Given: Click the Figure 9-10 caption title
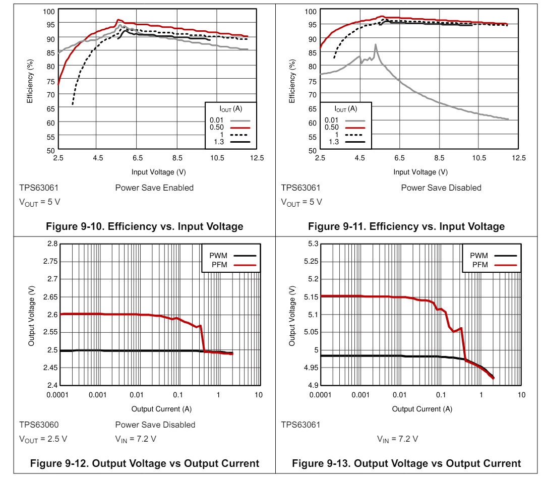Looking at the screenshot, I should [x=144, y=226].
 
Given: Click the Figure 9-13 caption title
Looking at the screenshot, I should [x=406, y=463].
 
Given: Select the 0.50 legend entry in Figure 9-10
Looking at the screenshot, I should [x=229, y=127].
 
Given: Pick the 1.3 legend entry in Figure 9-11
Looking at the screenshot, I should [x=343, y=142].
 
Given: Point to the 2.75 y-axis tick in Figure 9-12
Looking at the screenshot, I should [x=49, y=261].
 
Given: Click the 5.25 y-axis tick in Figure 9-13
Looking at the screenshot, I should [x=311, y=261].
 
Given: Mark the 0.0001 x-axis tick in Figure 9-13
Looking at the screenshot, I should [x=320, y=395].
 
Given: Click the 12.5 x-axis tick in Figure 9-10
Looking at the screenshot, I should [x=257, y=158].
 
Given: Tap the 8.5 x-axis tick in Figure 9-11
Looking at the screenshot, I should [x=439, y=158].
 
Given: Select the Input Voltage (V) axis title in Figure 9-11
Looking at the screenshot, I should [x=420, y=172].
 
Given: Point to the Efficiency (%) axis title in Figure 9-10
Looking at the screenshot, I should [x=30, y=81].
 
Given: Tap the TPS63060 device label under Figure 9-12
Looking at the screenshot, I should [x=39, y=425].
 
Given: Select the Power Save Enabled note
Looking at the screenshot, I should [x=154, y=188].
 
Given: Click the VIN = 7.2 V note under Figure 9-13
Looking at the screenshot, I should [x=397, y=439].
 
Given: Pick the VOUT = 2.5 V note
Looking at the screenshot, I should [x=43, y=439].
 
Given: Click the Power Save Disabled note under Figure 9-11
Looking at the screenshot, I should [x=441, y=188].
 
